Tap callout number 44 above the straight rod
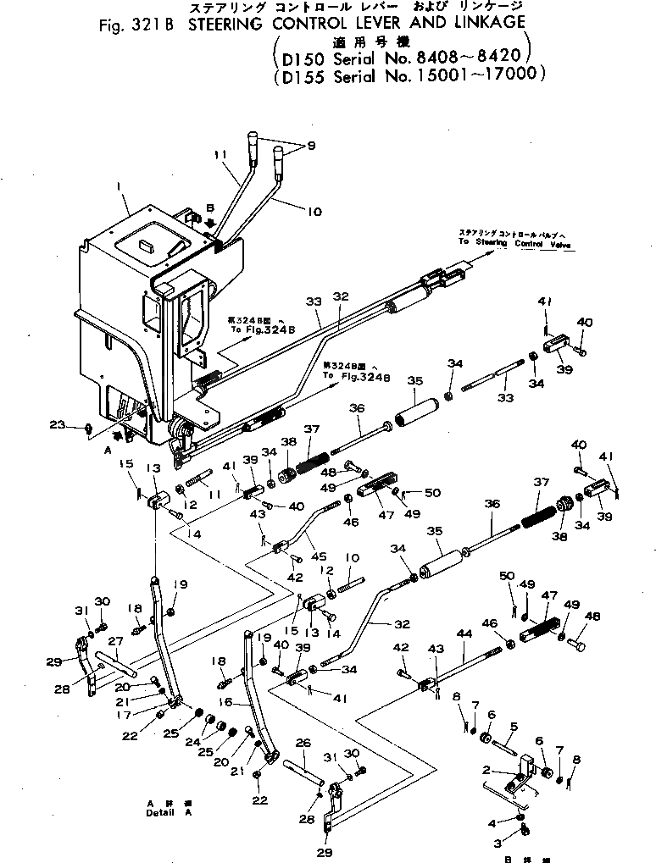tap(464, 633)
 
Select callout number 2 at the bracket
tap(486, 770)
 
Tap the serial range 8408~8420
tap(470, 60)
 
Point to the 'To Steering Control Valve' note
tap(514, 241)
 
